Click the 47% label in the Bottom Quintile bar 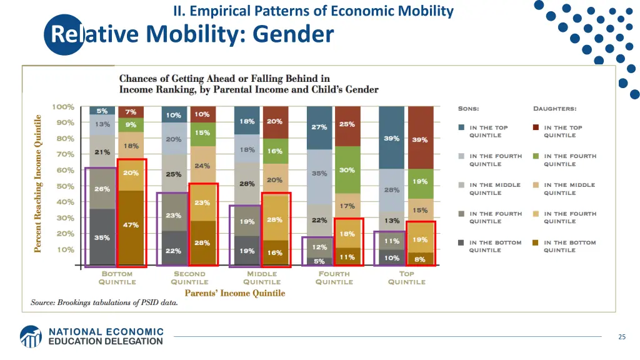tap(131, 225)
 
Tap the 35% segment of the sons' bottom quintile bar tap(102, 237)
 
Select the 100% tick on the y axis tap(62, 107)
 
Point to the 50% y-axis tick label tap(65, 186)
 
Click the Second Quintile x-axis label tap(189, 277)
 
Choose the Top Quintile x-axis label tap(406, 277)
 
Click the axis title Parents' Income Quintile tap(234, 293)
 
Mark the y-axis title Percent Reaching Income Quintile tap(37, 184)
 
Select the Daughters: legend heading tap(554, 109)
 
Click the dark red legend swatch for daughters tap(536, 127)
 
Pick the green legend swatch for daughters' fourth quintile tap(536, 156)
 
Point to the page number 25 tap(621, 337)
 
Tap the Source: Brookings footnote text tap(104, 302)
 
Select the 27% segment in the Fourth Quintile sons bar tap(319, 127)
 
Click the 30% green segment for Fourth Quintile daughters tap(347, 169)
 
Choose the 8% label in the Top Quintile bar tap(420, 259)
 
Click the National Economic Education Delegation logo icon tap(30, 336)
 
